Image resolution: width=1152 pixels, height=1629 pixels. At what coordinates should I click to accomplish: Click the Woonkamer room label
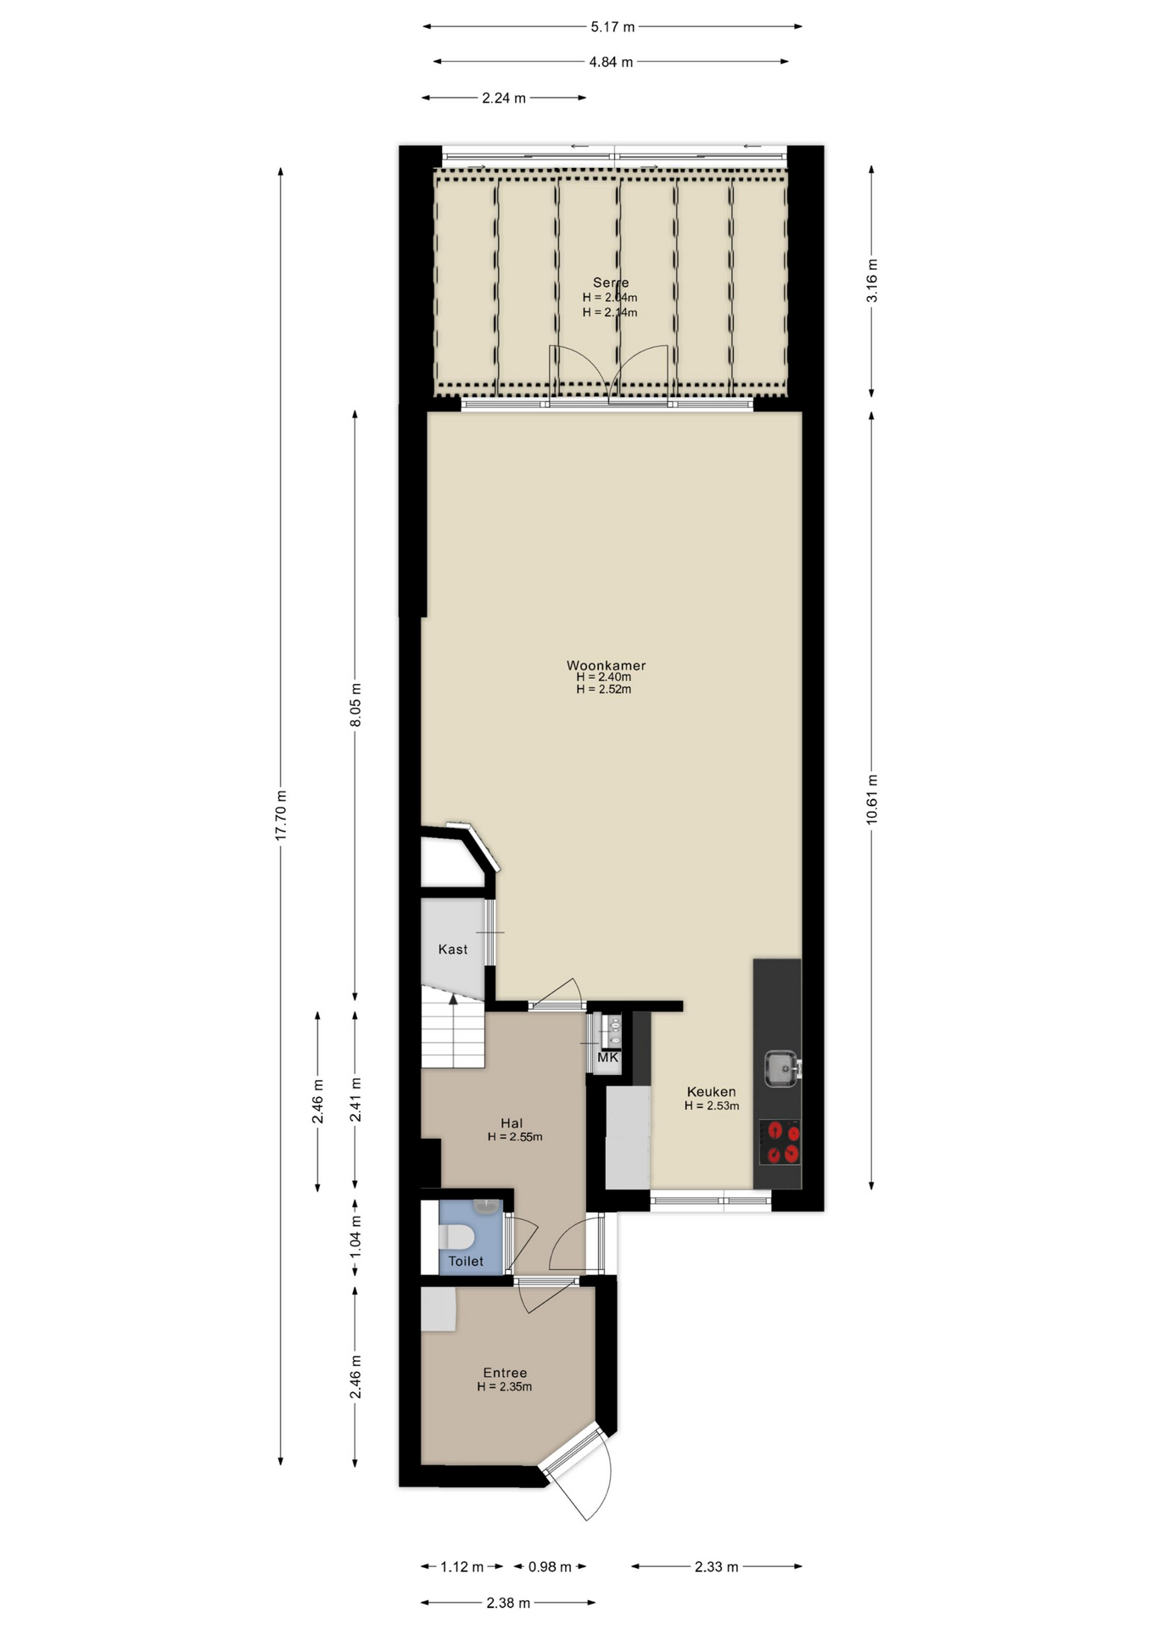pos(606,666)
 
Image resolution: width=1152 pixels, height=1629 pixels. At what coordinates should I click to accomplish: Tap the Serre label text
pos(611,283)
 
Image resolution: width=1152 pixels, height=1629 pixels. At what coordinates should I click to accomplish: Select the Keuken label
pos(711,1092)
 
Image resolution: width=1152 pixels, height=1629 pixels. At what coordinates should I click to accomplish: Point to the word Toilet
pos(466,1262)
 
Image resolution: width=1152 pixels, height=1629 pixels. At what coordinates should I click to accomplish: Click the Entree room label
pos(505,1373)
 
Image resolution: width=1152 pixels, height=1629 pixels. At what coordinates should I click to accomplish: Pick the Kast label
pos(453,949)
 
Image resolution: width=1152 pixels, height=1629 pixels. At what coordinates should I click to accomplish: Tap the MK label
pos(607,1058)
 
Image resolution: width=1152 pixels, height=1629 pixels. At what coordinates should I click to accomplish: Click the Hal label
pos(512,1123)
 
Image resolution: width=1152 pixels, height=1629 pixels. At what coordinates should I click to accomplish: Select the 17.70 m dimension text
pos(281,814)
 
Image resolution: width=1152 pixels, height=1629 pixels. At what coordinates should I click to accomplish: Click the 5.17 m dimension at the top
pos(612,26)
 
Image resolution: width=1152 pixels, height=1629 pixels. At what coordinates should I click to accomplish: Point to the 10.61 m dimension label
pos(871,799)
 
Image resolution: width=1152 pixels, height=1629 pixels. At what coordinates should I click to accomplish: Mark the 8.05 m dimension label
pos(355,704)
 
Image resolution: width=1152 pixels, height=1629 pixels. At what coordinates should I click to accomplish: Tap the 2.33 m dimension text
pos(716,1567)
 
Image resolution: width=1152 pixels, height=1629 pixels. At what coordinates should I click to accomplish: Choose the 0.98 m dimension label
pos(550,1567)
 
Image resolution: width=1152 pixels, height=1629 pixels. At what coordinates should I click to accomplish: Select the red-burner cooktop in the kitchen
pos(780,1143)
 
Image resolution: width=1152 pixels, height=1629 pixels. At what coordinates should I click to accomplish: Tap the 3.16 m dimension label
pos(871,280)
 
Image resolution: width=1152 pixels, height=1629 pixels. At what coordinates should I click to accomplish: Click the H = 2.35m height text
pos(505,1387)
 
